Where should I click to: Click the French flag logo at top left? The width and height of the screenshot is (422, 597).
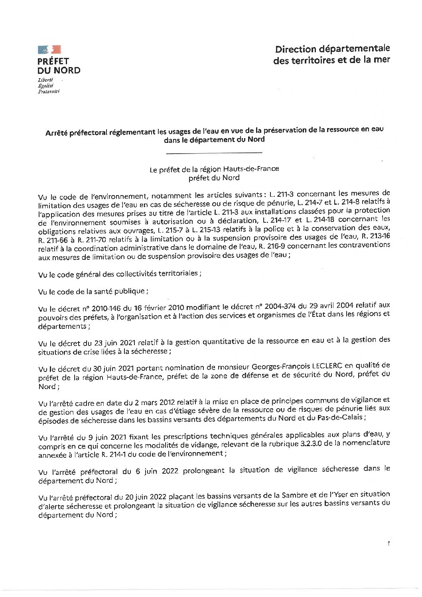point(49,49)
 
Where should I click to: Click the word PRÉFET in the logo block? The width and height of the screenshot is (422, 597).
point(53,61)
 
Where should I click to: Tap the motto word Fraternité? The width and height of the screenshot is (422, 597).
point(49,91)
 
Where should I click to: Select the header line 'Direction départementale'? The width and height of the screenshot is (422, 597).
point(332,49)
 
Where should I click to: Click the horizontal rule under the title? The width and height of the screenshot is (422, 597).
point(214,153)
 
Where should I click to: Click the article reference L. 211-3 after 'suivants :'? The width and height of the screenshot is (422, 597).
point(282,195)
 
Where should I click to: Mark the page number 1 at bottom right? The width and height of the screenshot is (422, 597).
point(388,544)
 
